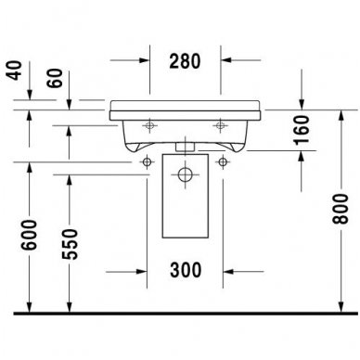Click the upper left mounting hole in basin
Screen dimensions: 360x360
point(148,124)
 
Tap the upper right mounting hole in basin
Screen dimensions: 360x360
point(221,124)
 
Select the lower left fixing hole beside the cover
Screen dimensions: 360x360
point(148,161)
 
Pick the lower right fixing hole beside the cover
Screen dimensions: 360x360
point(222,161)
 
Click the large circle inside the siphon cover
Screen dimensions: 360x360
point(185,174)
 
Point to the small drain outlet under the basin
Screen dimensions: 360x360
point(185,145)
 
